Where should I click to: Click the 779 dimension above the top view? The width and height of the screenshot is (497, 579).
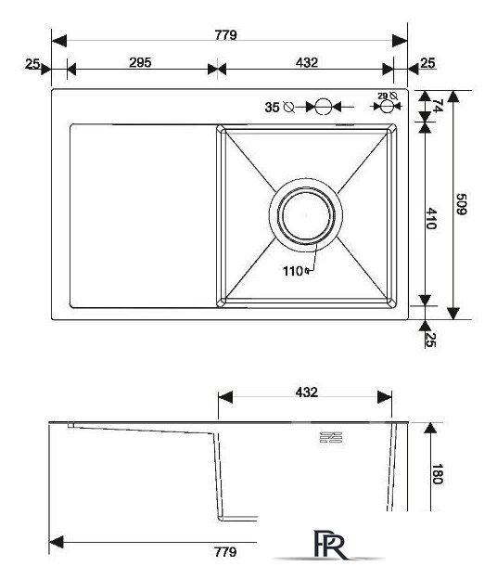[x=225, y=35]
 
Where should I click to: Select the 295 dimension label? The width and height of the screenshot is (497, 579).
[x=140, y=62]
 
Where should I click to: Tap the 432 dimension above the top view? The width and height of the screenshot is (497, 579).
[x=306, y=62]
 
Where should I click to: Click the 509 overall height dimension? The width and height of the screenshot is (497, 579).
[x=461, y=204]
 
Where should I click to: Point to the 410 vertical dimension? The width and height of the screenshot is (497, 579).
[x=431, y=219]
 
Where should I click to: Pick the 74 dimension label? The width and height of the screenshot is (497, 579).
[x=438, y=106]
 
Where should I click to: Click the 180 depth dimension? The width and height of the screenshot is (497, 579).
[x=438, y=474]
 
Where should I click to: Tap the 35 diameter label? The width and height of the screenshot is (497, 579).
[x=272, y=108]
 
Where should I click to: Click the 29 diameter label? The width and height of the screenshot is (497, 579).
[x=383, y=96]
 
